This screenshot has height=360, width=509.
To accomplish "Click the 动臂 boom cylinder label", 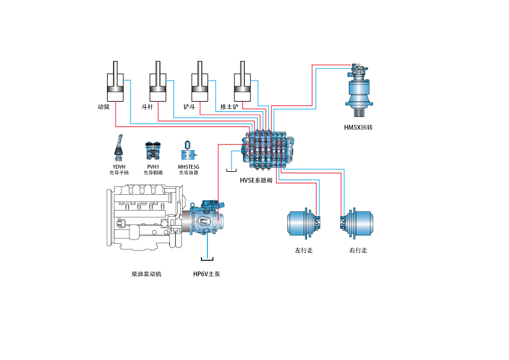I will point(103,106).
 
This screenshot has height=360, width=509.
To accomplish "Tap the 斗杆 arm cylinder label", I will point(147,106).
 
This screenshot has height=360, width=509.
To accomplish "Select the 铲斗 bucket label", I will point(189,106).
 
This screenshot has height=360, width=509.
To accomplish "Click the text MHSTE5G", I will point(188,166).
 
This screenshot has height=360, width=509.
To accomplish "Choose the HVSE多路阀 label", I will point(256,180).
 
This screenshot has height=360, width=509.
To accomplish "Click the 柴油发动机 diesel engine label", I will point(146,274).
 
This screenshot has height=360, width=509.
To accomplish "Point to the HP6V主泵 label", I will point(207,274).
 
